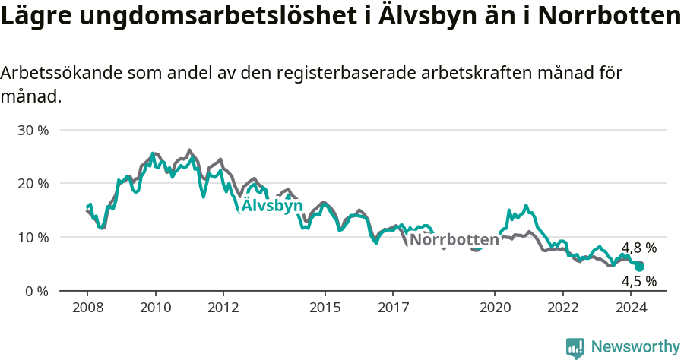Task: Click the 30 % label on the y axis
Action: click(x=33, y=130)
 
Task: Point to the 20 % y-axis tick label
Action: click(x=33, y=183)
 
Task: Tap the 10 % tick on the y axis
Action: click(x=33, y=237)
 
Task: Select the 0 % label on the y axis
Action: click(x=36, y=291)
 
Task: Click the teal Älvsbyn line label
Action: click(x=272, y=206)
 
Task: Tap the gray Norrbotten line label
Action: click(x=454, y=240)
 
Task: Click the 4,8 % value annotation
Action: click(x=638, y=248)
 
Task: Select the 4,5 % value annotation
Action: click(x=638, y=281)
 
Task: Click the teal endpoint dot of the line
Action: click(x=639, y=267)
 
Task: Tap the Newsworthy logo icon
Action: click(x=575, y=348)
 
